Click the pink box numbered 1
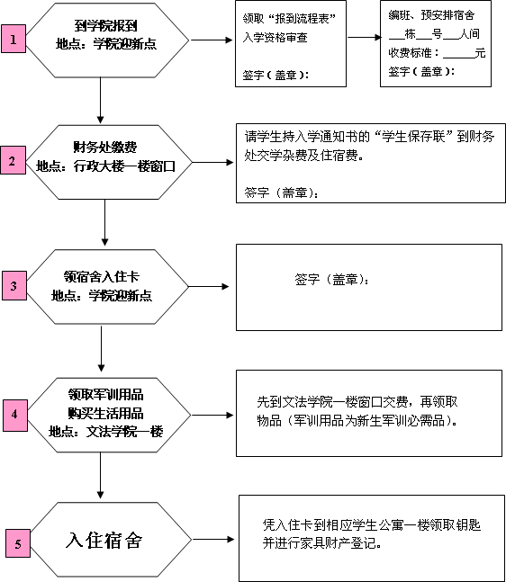(x=14, y=39)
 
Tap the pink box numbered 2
(x=13, y=160)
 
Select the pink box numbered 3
(x=14, y=285)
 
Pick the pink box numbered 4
(x=15, y=416)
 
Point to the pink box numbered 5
(x=18, y=543)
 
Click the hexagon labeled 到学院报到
(x=107, y=40)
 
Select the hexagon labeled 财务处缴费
(x=108, y=162)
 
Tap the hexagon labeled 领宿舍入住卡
(x=107, y=287)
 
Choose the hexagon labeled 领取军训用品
(x=109, y=415)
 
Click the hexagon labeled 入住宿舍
(x=111, y=540)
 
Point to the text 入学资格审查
(x=275, y=38)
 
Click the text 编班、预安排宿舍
(x=431, y=15)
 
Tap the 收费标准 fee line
(x=437, y=53)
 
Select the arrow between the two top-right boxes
(x=365, y=37)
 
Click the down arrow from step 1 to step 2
(x=100, y=100)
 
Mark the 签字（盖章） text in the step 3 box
(x=331, y=280)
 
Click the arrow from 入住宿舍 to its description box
(x=213, y=540)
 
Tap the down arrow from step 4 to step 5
(x=100, y=476)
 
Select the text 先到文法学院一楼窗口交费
(x=333, y=402)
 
